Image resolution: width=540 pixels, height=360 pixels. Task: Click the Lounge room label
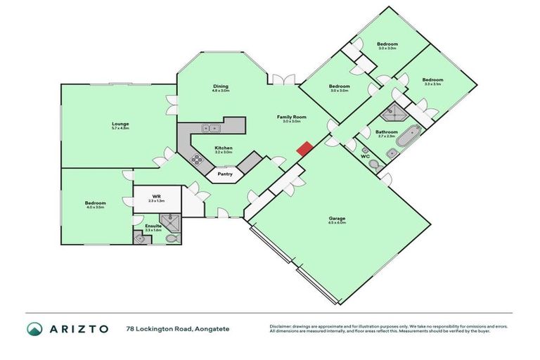[120, 124]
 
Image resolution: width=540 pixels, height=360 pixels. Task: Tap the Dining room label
[221, 86]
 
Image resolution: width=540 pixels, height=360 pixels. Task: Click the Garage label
[337, 218]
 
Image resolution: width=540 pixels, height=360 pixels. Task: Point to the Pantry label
[225, 174]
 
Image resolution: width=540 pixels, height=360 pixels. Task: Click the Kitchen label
[224, 148]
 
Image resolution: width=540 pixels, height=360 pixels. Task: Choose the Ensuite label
[153, 226]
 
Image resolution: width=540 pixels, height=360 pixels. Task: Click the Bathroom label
[387, 131]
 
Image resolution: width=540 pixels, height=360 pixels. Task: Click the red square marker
[304, 149]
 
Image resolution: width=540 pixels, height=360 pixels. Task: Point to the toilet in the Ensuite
[172, 239]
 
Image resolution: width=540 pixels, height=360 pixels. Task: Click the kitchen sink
[210, 128]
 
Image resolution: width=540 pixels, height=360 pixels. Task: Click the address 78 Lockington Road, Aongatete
[177, 328]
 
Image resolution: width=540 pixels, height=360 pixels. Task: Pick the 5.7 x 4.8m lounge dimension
[120, 129]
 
